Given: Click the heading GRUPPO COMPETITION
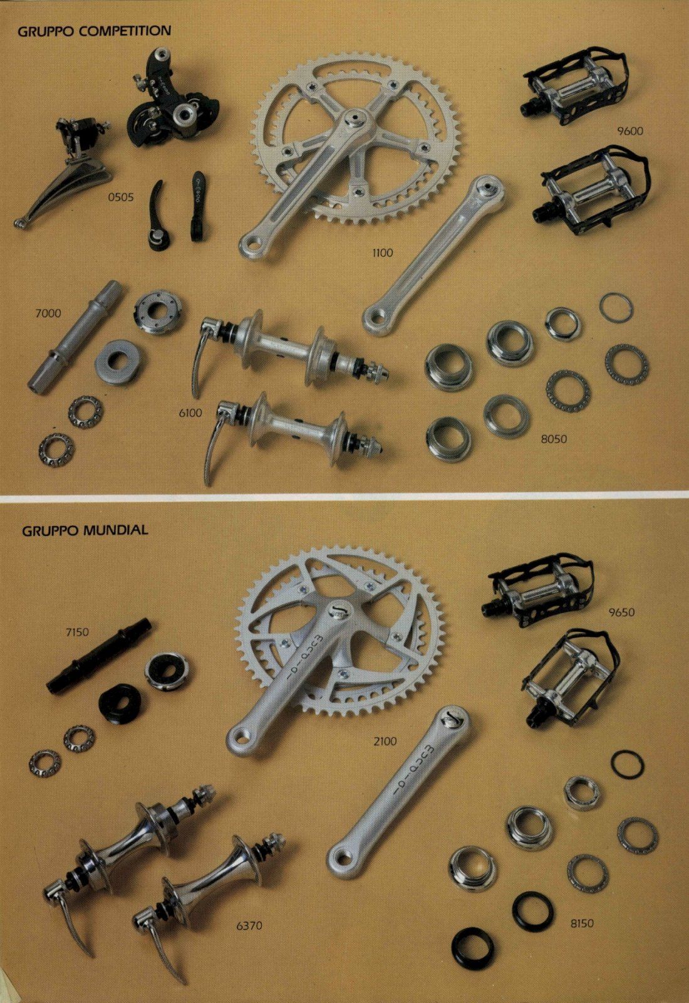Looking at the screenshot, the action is coord(95,31).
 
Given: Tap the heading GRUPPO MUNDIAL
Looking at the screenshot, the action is coord(85,530).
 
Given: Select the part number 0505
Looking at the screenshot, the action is coord(121,197).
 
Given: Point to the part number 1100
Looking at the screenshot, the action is coord(383,253).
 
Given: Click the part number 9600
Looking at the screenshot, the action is coord(630,131).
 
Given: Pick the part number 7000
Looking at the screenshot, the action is coord(48,313).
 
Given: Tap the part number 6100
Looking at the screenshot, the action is coord(190,413).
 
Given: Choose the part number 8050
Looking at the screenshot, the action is coord(554,439).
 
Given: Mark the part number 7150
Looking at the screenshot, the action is coord(77,633).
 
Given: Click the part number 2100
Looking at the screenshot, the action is coord(385,742).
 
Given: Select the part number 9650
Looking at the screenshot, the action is coord(621,612).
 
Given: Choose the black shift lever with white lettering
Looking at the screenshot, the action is coord(198,206).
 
